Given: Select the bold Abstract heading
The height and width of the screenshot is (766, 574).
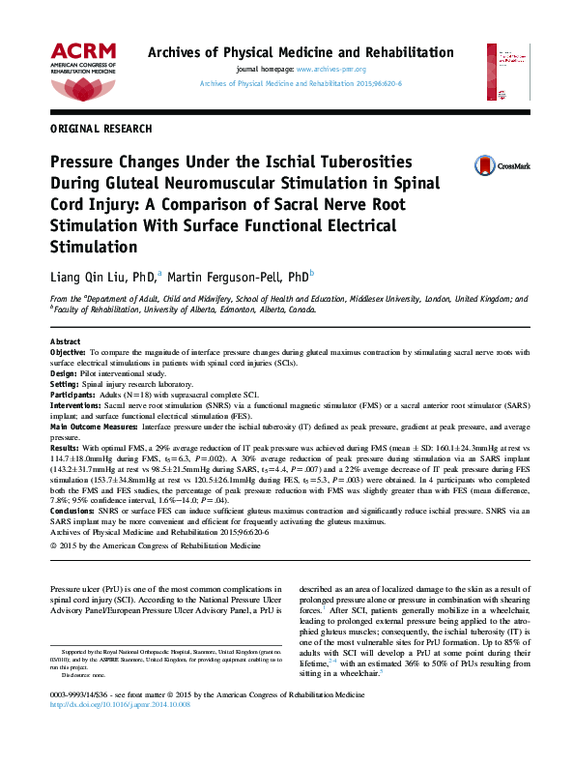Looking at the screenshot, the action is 66,342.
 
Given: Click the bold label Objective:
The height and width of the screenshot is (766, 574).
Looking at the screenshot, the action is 68,354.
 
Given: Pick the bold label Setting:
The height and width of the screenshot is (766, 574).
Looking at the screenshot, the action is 64,384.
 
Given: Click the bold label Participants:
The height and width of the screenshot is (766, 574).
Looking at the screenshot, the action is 72,395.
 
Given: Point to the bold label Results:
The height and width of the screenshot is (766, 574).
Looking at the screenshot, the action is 65,448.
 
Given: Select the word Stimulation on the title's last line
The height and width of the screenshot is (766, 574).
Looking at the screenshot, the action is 97,246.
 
